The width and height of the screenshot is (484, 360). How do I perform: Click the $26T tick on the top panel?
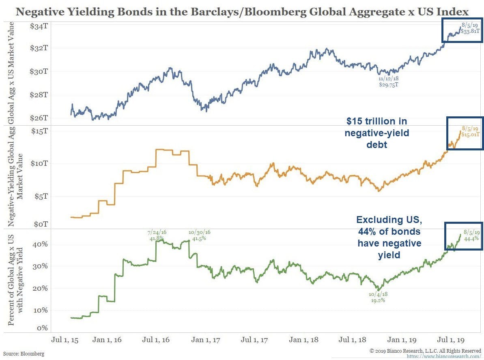[x=39, y=118]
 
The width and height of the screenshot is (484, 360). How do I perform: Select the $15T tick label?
[x=39, y=131]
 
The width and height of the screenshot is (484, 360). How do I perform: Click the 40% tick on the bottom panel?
[x=41, y=244]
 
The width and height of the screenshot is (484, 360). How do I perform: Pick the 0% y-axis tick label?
[x=43, y=328]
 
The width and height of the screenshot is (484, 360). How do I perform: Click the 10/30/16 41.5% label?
[x=200, y=236]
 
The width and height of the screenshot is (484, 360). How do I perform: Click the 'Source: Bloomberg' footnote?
[x=24, y=354]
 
